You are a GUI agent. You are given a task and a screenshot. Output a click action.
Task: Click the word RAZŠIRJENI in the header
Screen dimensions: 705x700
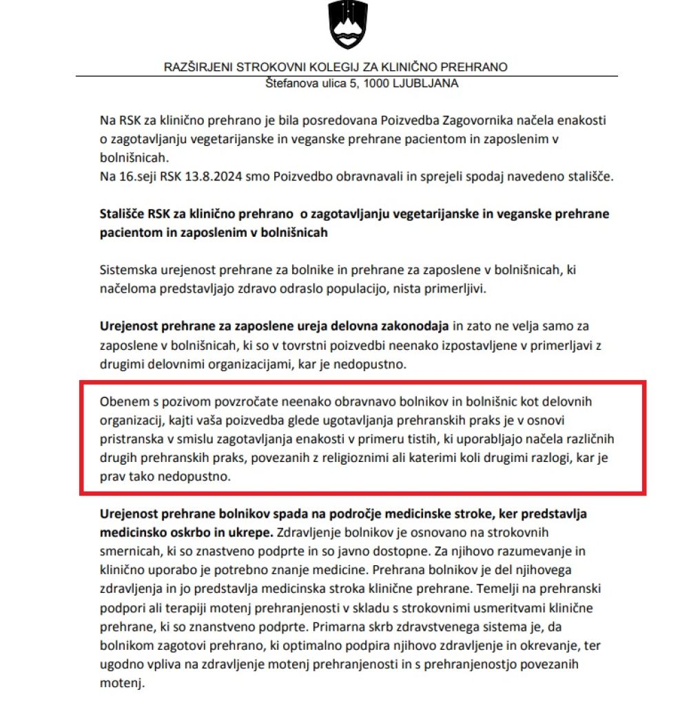tap(198, 67)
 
